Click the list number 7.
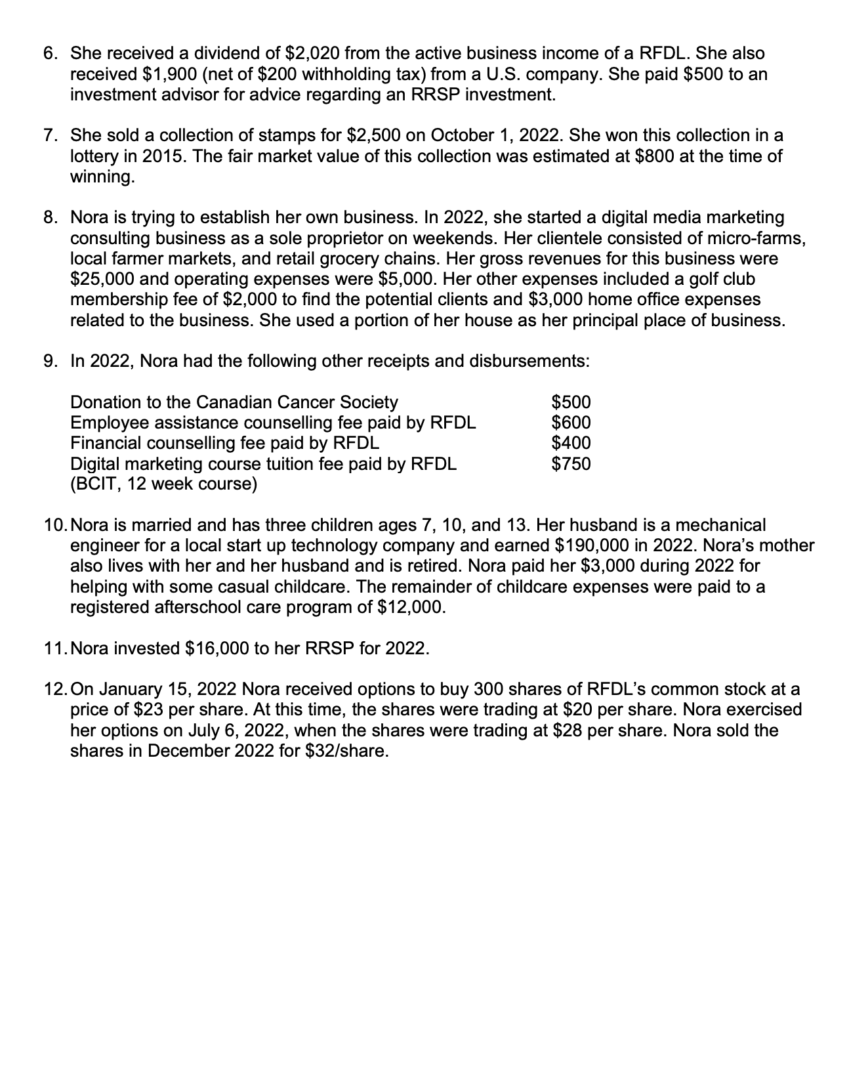point(49,135)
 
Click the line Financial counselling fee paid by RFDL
point(224,443)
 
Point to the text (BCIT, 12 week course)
point(163,484)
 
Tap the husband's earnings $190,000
point(592,546)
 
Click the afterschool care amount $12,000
point(411,607)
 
